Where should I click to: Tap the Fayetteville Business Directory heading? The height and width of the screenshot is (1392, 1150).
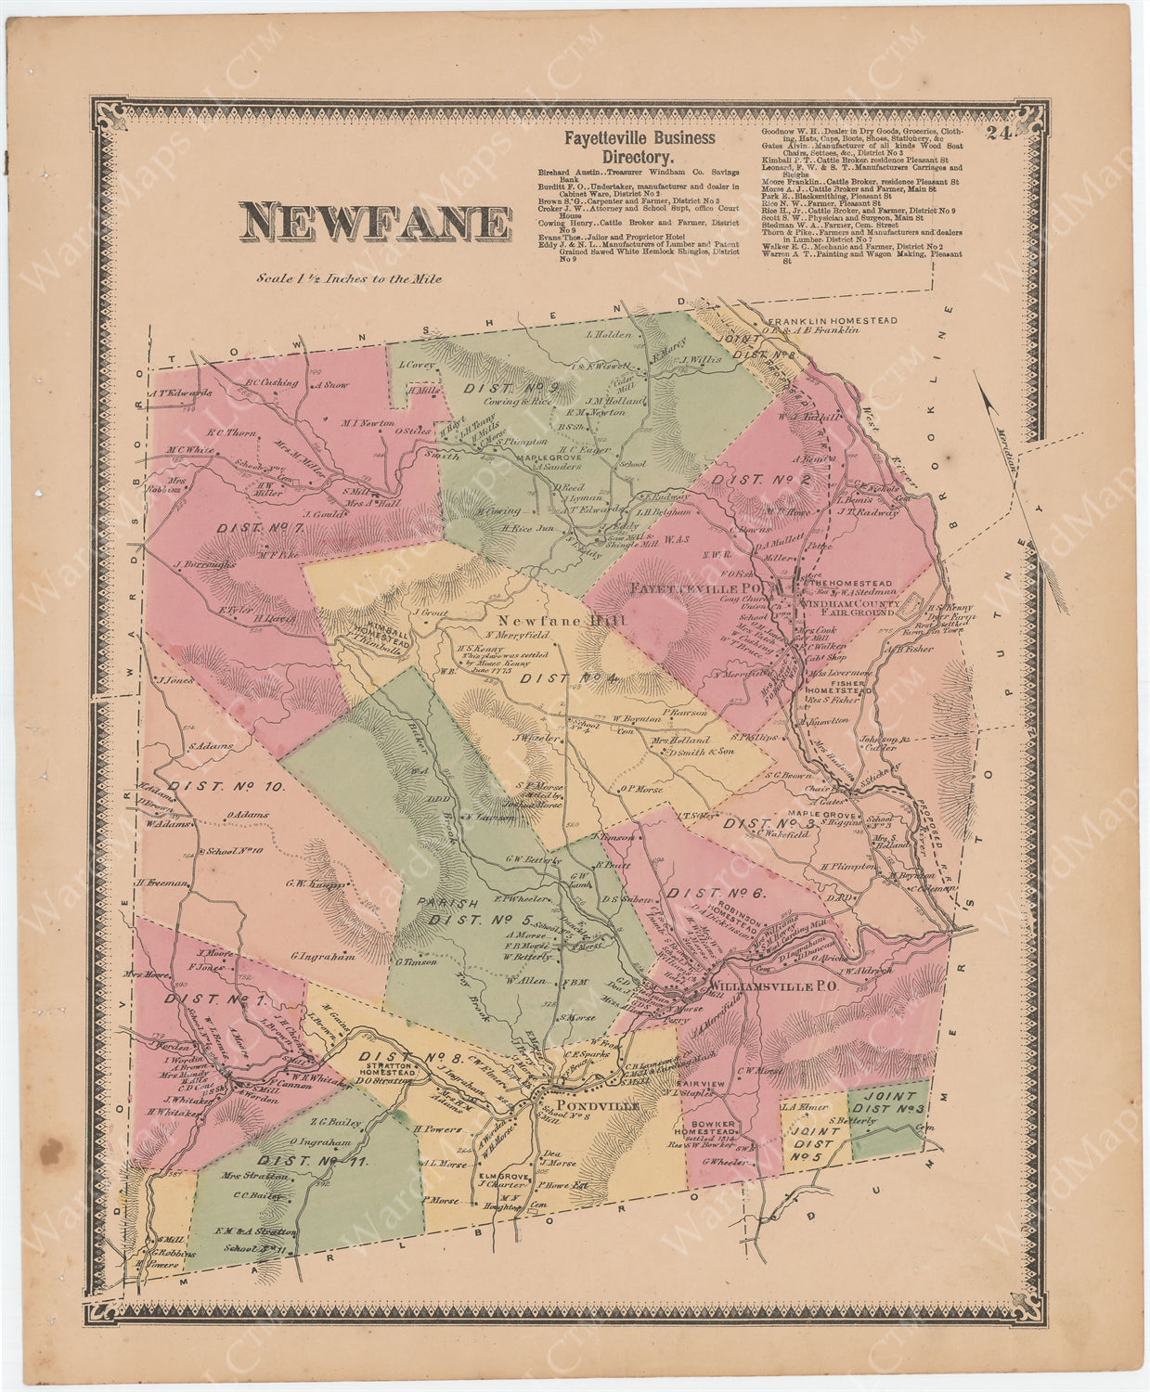pos(640,148)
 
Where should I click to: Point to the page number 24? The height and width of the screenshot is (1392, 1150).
pos(998,134)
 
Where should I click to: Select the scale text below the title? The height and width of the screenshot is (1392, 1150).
pos(351,278)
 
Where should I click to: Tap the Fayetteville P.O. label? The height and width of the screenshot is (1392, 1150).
pos(702,589)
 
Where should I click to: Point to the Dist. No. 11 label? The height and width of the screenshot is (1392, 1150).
pos(313,1161)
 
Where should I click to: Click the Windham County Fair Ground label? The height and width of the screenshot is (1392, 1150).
pos(846,607)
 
